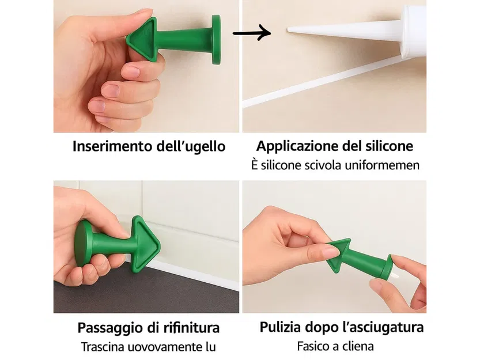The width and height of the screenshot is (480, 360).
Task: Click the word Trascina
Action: pyautogui.click(x=105, y=347)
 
